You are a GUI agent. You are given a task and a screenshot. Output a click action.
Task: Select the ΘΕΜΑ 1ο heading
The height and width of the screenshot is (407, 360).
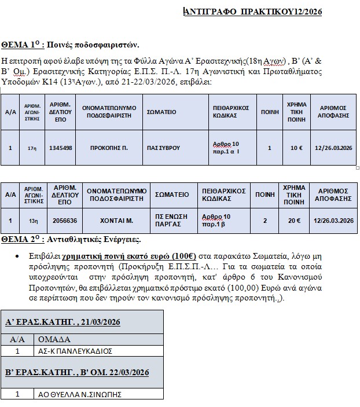(x=70, y=45)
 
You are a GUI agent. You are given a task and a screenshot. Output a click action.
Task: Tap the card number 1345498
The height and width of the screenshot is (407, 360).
(x=61, y=148)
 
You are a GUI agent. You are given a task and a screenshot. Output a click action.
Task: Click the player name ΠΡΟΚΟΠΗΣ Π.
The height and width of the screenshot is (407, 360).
(x=109, y=148)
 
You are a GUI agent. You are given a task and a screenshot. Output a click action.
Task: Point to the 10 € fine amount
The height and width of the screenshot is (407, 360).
(x=296, y=148)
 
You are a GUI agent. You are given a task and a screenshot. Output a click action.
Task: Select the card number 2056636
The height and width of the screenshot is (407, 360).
(x=65, y=220)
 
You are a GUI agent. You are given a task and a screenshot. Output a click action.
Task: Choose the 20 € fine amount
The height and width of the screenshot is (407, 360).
(x=294, y=220)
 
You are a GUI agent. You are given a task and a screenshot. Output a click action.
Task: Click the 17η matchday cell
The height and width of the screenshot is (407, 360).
(x=32, y=148)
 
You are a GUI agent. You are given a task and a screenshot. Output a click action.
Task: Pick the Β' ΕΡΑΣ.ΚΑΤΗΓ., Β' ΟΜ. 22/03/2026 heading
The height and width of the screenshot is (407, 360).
(x=78, y=372)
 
